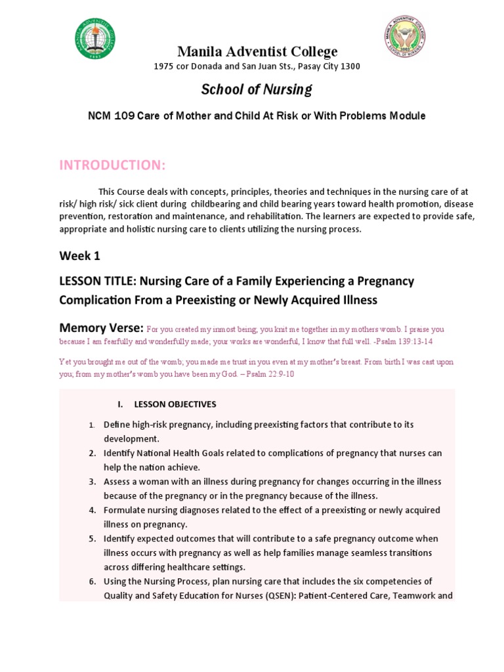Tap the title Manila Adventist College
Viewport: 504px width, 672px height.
[x=256, y=52]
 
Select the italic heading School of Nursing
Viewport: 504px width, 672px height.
[x=256, y=89]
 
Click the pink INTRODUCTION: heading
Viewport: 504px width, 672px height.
[x=112, y=165]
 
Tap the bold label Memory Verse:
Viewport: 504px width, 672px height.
[x=101, y=327]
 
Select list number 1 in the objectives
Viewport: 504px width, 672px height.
[x=93, y=425]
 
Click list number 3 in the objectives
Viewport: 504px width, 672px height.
[x=93, y=482]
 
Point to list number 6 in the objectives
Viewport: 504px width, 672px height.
[x=93, y=581]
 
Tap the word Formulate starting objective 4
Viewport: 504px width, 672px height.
[x=126, y=510]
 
